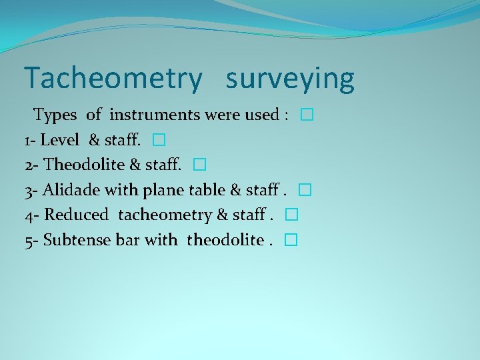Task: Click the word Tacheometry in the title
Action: [113, 79]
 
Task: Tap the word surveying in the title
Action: [290, 79]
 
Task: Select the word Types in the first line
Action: [57, 115]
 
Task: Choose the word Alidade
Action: [71, 190]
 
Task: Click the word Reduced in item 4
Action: [75, 215]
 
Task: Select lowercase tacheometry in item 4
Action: [165, 215]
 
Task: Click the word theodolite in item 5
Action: [225, 240]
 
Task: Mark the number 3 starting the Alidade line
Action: [29, 191]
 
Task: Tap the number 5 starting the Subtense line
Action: [29, 241]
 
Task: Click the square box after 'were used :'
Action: [306, 115]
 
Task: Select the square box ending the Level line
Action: [157, 141]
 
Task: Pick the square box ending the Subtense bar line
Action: [289, 241]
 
